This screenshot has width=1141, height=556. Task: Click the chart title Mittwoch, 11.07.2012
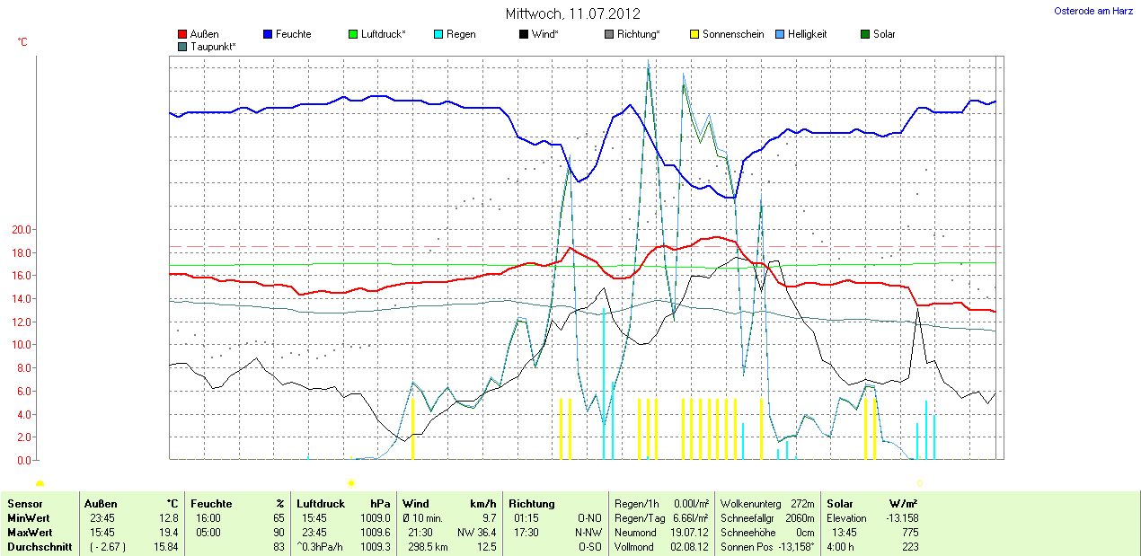coord(572,13)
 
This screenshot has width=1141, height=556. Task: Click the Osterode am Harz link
coord(1092,11)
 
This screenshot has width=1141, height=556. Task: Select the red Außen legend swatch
coord(183,35)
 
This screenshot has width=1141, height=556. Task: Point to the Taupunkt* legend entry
coord(213,46)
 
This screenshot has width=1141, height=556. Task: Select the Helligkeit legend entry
coord(807,34)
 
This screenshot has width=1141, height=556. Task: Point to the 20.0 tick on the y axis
coord(20,229)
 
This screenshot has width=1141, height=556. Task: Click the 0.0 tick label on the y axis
coord(22,460)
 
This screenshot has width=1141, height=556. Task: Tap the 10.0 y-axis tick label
coord(20,345)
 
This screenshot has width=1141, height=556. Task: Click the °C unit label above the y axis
coord(22,42)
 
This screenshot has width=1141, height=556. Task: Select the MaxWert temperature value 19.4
coord(169,533)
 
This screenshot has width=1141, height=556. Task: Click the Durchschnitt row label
coord(40,547)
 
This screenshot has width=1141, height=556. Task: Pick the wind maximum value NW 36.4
coord(476,533)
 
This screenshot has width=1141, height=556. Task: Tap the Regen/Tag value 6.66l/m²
coord(691,518)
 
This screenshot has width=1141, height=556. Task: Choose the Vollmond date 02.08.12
coord(690,547)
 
